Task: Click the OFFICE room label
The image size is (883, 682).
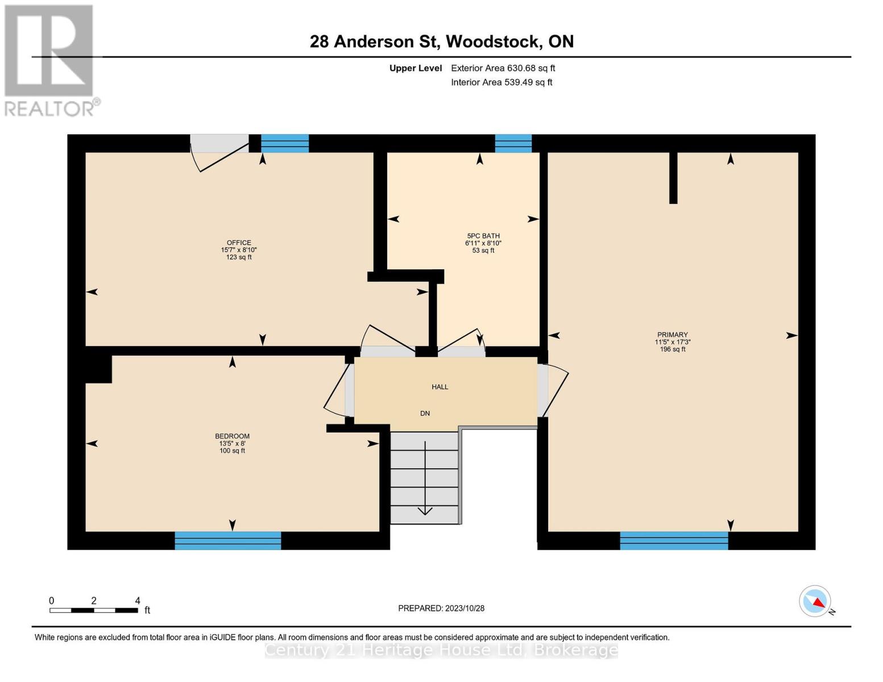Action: click(239, 243)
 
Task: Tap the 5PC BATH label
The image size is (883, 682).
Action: click(483, 236)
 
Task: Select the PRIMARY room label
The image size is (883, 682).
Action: click(673, 335)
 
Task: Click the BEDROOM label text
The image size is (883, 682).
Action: click(232, 436)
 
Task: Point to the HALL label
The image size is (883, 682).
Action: click(440, 387)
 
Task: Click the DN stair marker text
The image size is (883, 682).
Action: click(425, 414)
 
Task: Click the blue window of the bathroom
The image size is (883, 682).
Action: click(513, 143)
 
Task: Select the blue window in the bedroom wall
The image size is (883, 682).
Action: click(227, 540)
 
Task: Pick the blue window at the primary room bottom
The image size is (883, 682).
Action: click(674, 540)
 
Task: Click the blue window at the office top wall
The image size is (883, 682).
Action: click(284, 143)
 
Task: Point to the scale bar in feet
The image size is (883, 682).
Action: click(94, 610)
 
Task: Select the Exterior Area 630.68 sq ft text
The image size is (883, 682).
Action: click(503, 68)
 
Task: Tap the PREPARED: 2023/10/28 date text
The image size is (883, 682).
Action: click(441, 608)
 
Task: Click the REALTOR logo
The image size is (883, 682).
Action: click(50, 60)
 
